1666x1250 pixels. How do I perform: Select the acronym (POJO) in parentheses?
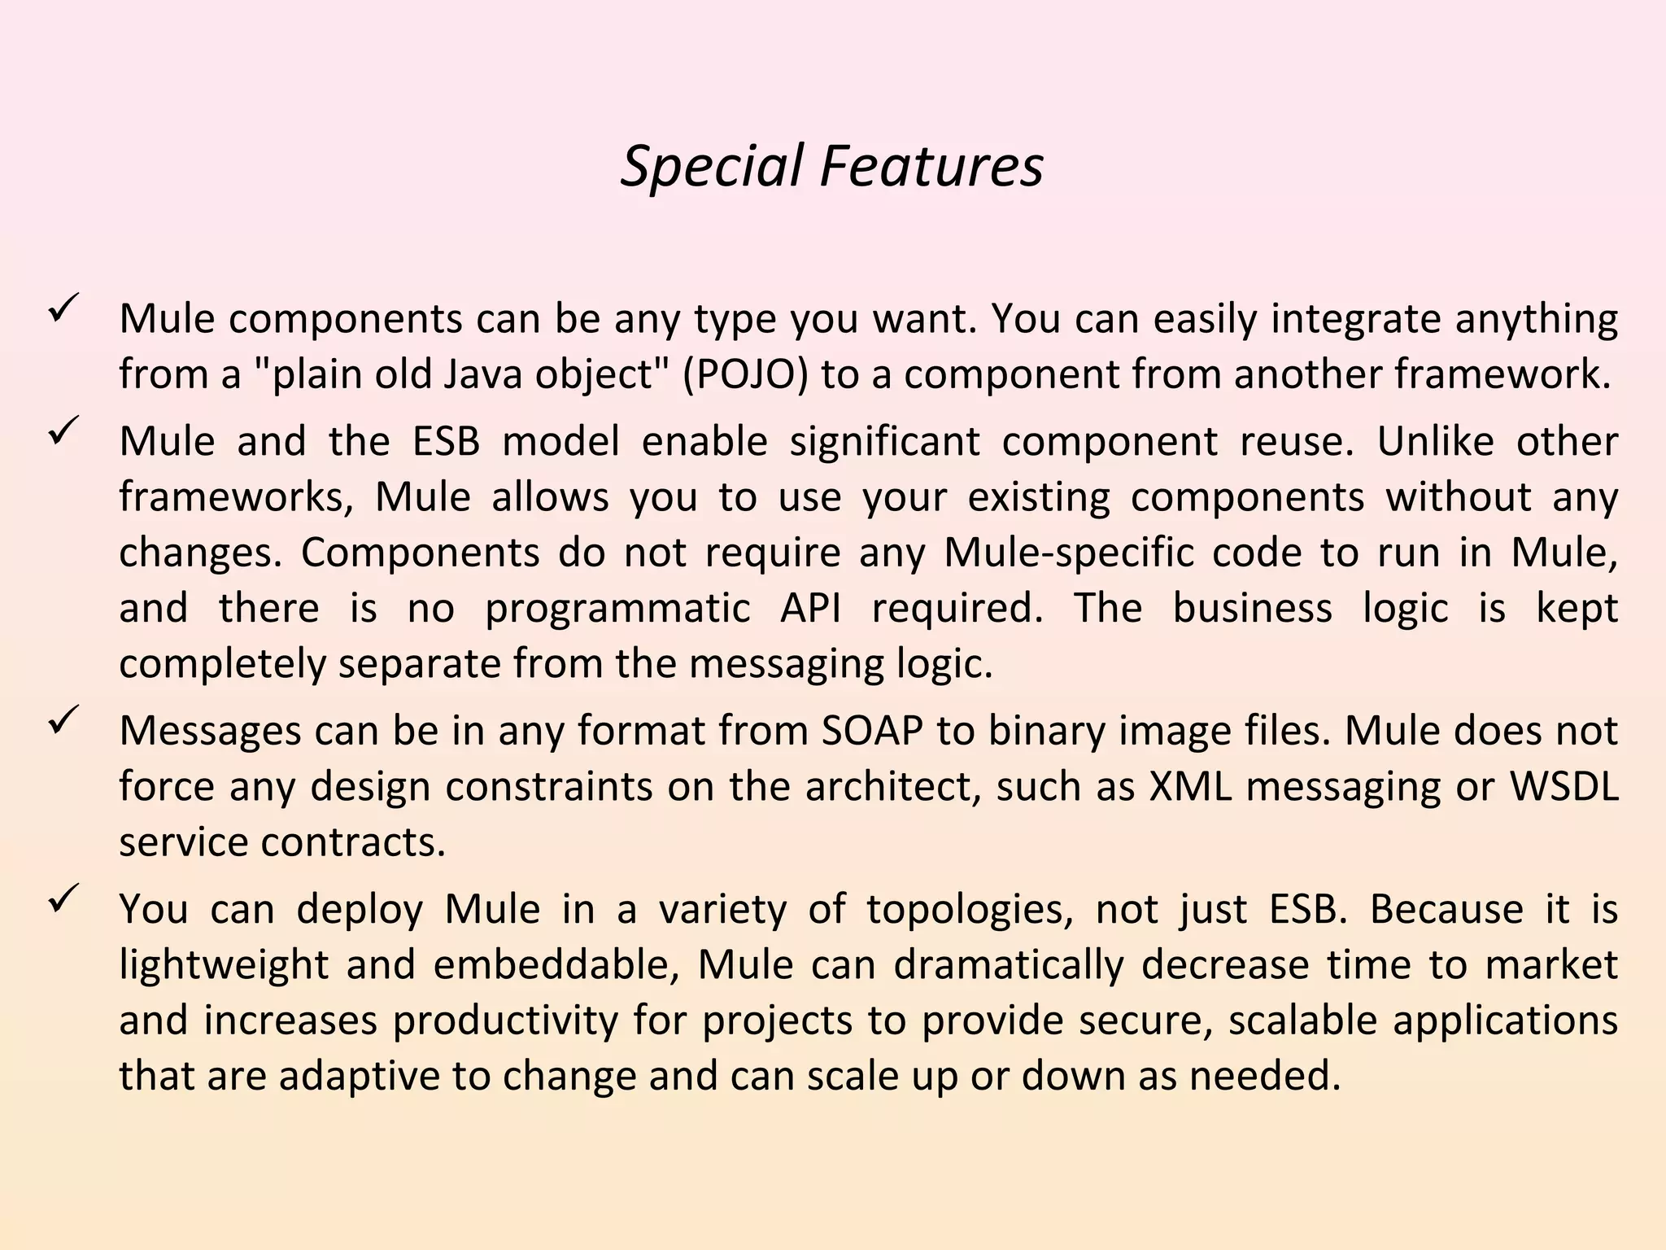click(x=744, y=374)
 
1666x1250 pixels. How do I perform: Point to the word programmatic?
click(x=618, y=609)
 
